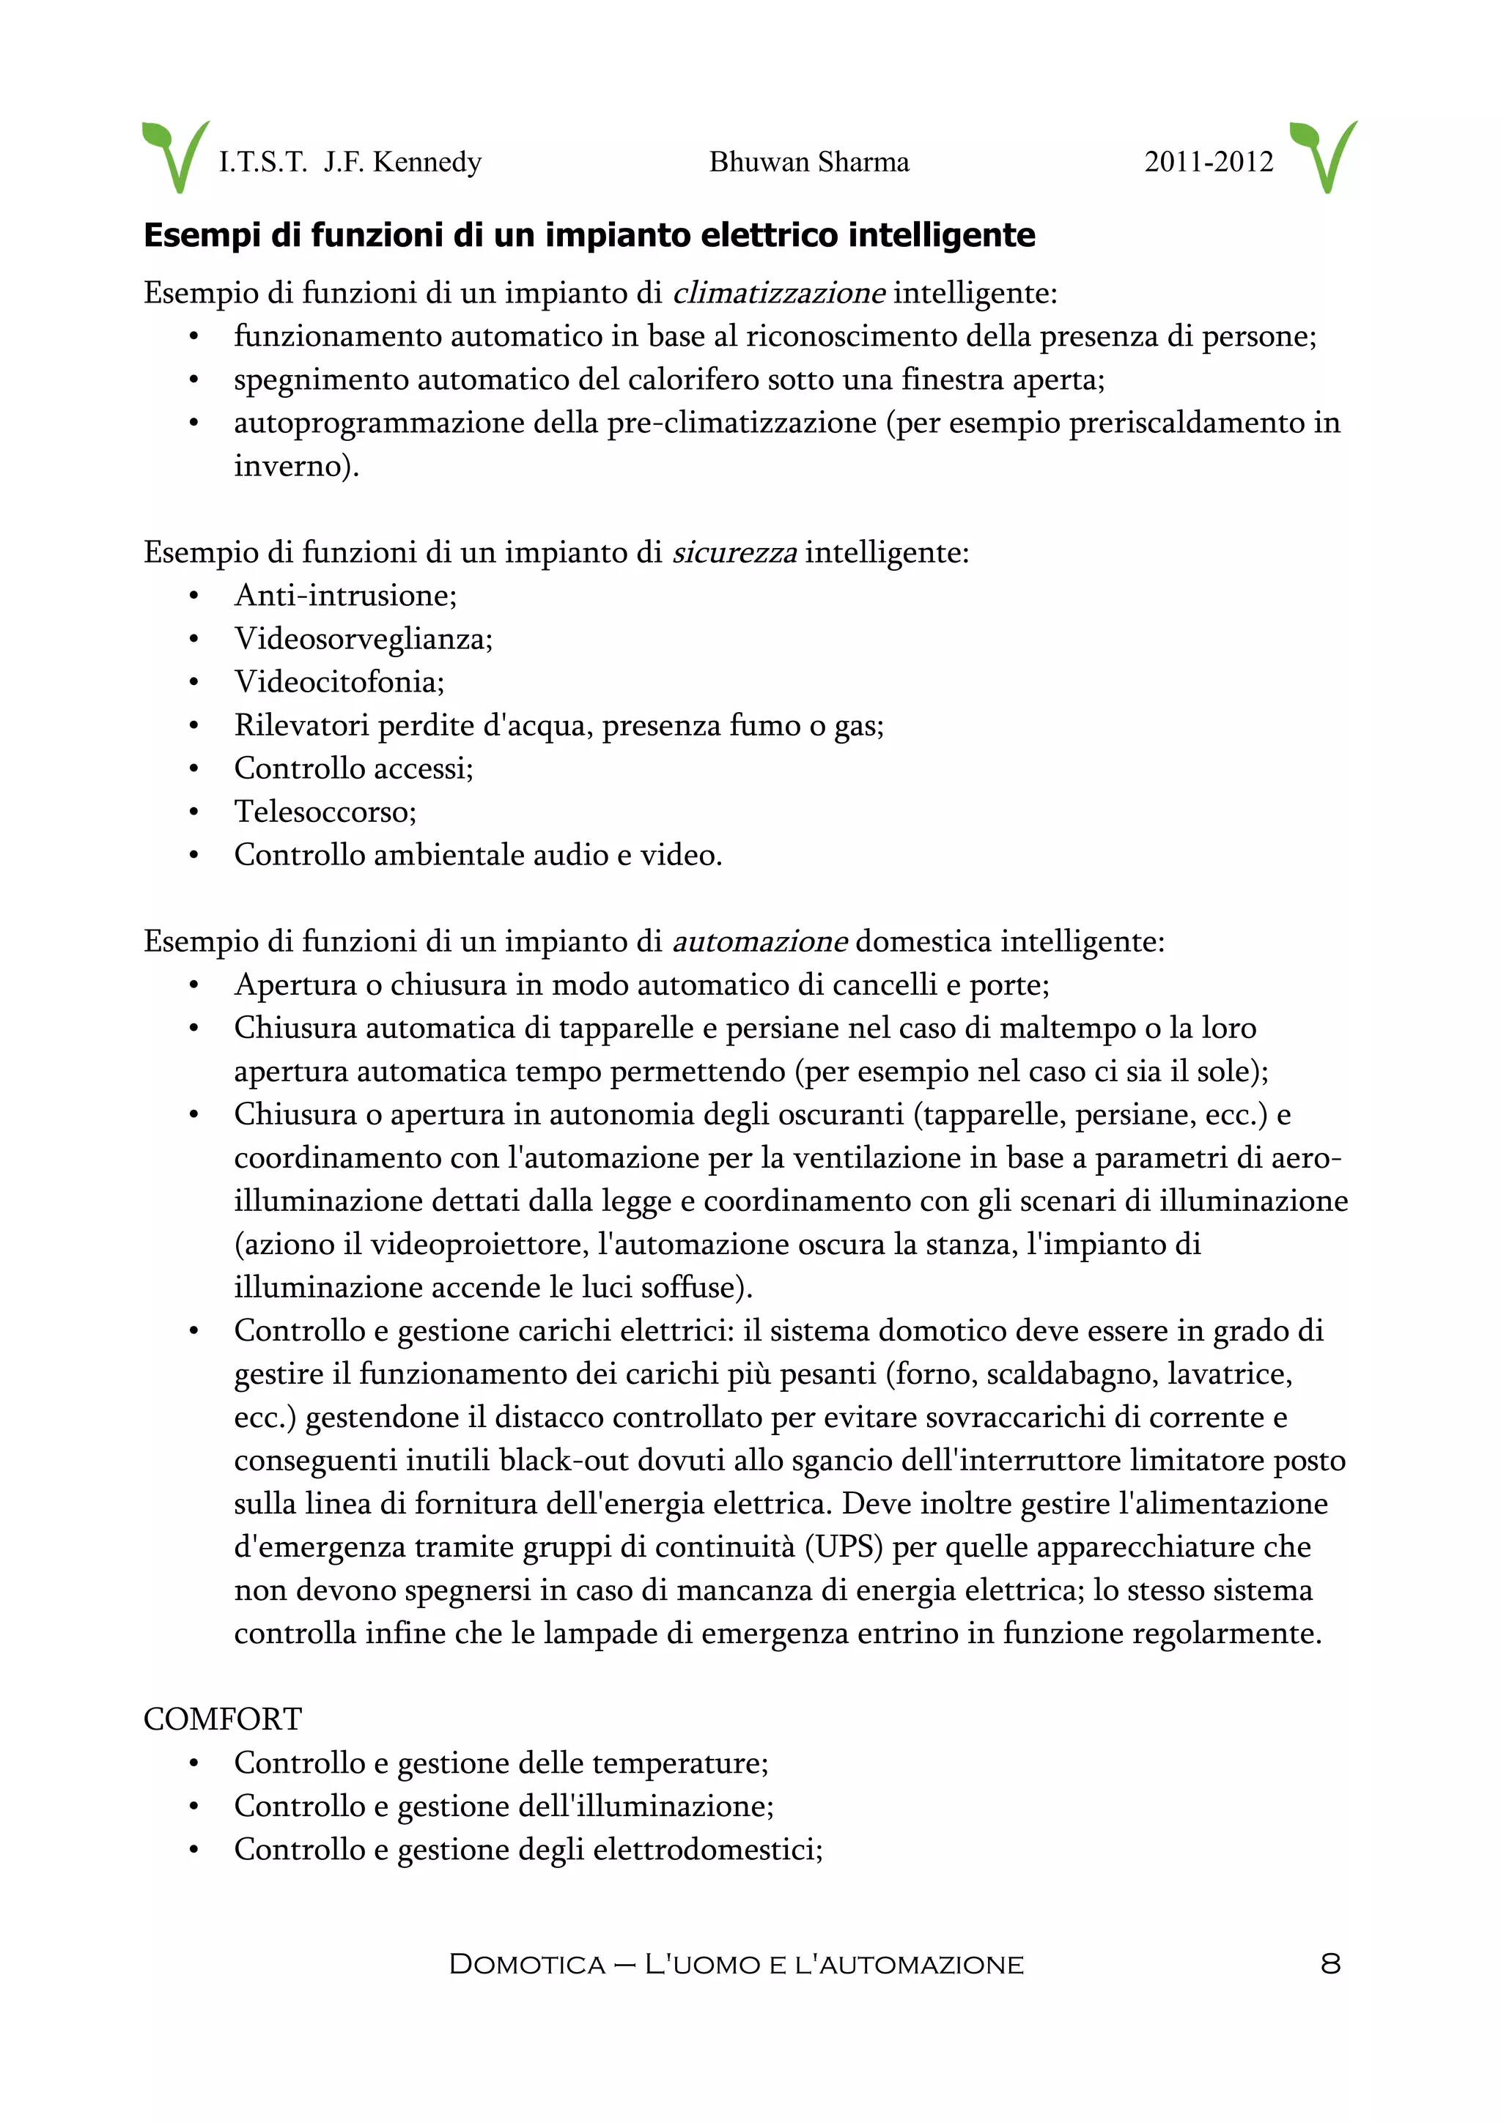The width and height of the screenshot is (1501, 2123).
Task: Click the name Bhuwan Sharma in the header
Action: point(808,162)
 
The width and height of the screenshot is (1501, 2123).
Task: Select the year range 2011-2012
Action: point(1208,162)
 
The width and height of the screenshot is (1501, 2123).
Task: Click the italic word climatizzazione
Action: point(778,293)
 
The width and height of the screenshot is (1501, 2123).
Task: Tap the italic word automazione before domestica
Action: point(759,941)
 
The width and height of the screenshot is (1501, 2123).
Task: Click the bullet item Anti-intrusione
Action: point(345,596)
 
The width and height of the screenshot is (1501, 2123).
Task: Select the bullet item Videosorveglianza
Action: point(363,639)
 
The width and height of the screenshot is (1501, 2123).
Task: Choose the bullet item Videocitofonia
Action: point(339,683)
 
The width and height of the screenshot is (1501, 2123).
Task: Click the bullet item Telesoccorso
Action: point(325,812)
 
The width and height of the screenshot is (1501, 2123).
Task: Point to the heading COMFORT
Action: point(222,1719)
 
